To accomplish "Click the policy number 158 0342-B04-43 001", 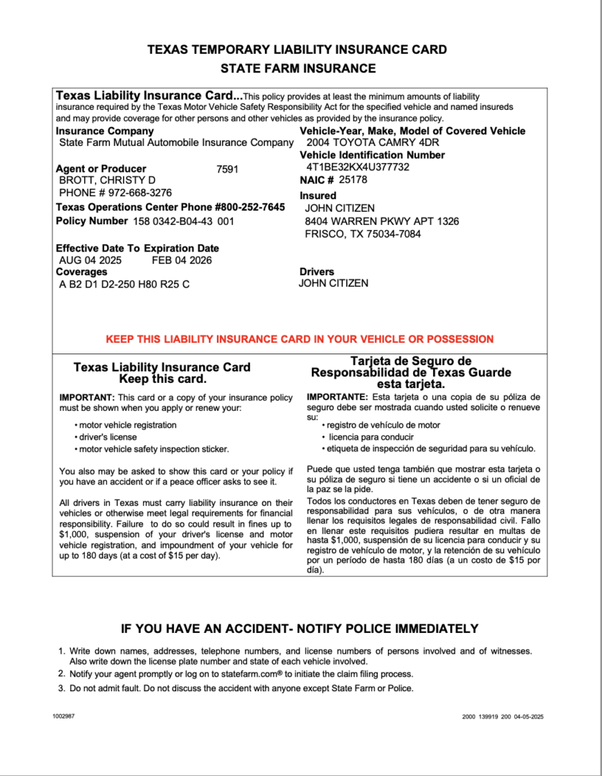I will pos(184,221).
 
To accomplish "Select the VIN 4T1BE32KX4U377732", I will pos(358,167).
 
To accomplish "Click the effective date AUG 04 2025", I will pos(91,260).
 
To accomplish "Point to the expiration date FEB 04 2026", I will pos(182,260).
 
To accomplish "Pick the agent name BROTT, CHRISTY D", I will pos(107,180).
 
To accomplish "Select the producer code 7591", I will pos(227,170).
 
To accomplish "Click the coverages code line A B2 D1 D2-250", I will pos(124,284).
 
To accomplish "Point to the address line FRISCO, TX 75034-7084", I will pos(363,234).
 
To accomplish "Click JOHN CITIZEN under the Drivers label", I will pos(333,283).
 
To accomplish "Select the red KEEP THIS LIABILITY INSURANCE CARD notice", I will pos(300,339).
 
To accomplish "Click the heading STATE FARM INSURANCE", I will pos(297,69).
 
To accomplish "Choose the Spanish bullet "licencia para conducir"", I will pos(371,437).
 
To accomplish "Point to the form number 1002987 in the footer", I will pos(63,717).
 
